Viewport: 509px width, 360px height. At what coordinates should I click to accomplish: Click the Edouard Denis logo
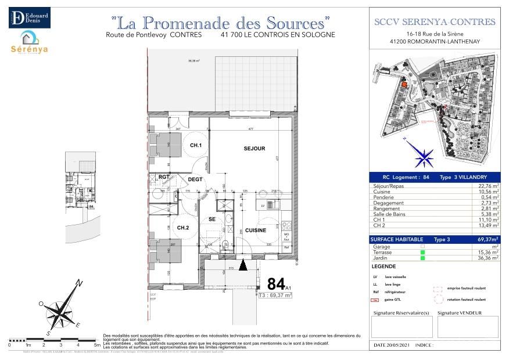click(x=29, y=17)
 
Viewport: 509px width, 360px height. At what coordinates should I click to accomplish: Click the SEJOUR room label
click(x=254, y=149)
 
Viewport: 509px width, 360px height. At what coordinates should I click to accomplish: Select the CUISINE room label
click(x=255, y=231)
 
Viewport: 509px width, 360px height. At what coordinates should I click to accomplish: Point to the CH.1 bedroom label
click(x=196, y=145)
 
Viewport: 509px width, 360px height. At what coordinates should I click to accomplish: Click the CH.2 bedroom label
click(x=183, y=228)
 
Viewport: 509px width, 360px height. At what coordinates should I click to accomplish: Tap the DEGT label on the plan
click(x=195, y=179)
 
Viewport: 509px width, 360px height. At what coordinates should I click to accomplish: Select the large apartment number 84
click(x=275, y=285)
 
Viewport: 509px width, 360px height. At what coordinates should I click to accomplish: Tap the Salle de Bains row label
click(x=389, y=214)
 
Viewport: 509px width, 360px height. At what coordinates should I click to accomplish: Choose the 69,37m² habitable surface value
click(x=488, y=239)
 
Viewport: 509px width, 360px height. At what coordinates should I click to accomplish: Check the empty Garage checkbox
click(x=422, y=246)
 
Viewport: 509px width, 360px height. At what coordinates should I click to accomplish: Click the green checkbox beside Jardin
click(x=422, y=258)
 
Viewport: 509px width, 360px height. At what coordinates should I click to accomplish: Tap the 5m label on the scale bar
click(x=96, y=345)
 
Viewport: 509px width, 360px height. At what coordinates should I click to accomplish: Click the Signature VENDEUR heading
click(x=459, y=313)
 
